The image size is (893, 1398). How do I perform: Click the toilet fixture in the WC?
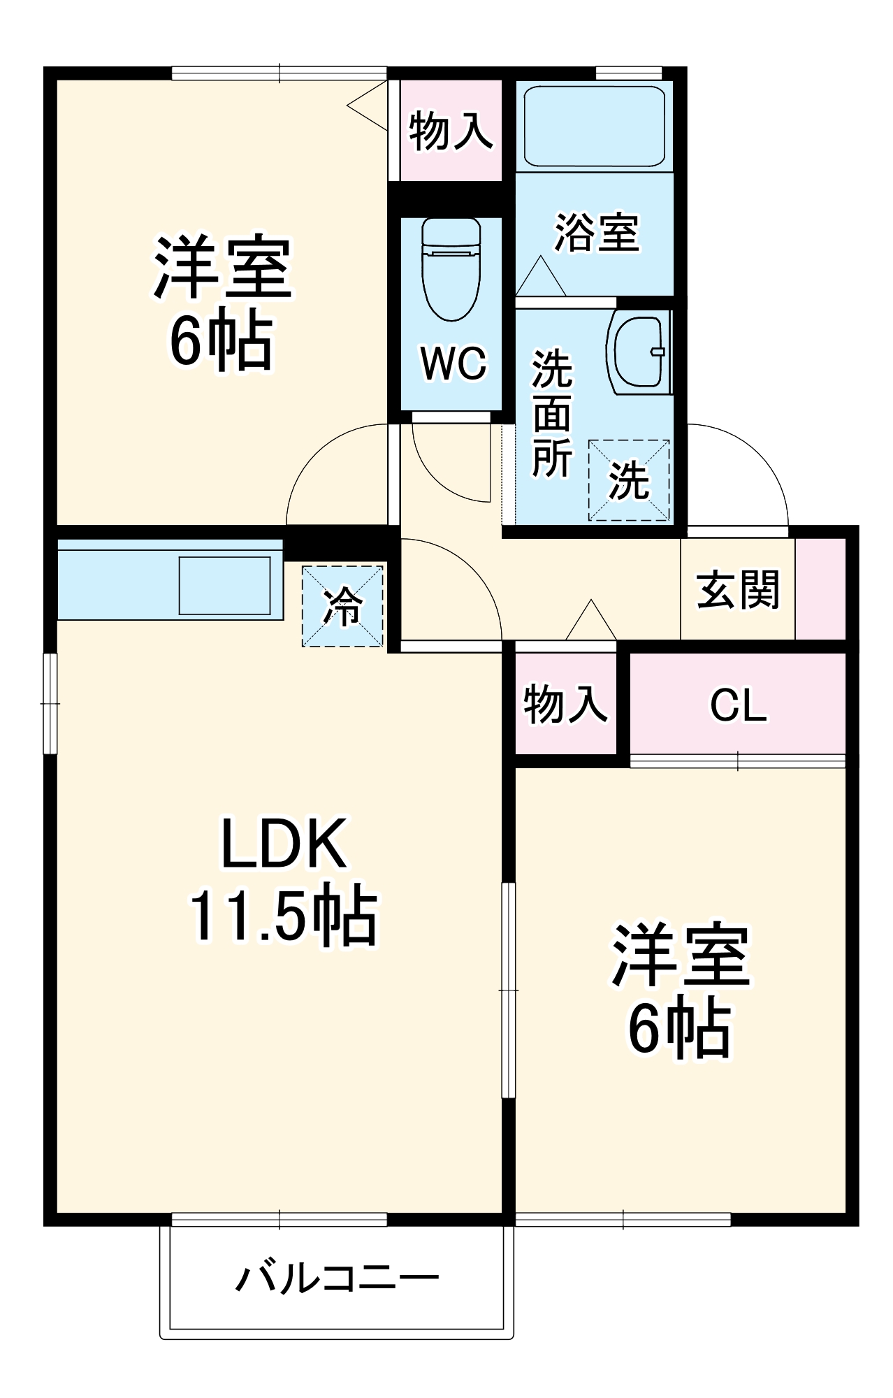click(x=451, y=269)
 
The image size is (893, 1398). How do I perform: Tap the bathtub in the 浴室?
click(x=594, y=126)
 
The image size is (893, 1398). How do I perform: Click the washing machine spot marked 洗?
click(x=629, y=480)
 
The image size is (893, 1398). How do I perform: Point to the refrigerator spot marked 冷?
click(x=342, y=606)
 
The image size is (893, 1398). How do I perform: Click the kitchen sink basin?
click(x=224, y=585)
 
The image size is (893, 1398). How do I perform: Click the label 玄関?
click(x=738, y=589)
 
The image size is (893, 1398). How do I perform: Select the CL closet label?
click(x=738, y=705)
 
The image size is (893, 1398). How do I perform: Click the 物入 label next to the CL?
click(x=565, y=703)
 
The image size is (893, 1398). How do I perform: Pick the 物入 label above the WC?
click(x=451, y=131)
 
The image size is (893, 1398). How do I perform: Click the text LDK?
click(x=283, y=844)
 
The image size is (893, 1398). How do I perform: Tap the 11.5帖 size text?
click(x=283, y=916)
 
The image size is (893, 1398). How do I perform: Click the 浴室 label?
click(x=596, y=232)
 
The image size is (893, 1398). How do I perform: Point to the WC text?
click(x=453, y=363)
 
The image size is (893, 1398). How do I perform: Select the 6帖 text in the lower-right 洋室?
click(x=679, y=1030)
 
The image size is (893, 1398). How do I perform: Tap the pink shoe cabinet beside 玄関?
click(x=820, y=589)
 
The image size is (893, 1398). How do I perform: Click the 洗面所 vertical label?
click(x=552, y=414)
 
